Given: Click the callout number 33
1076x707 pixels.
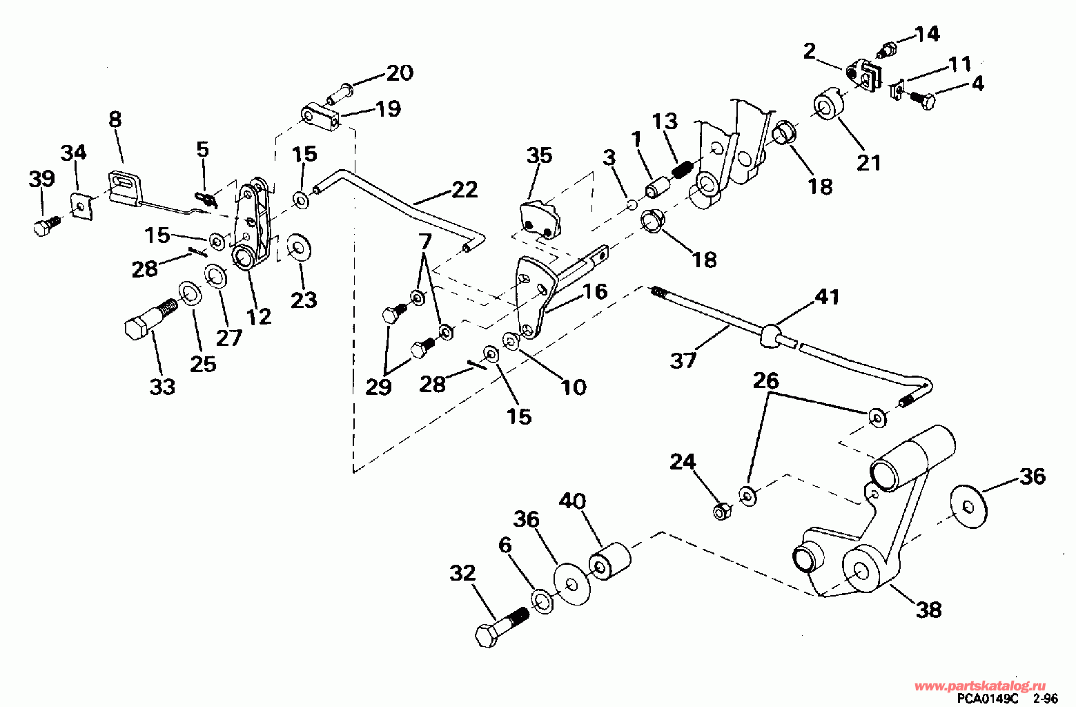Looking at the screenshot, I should pyautogui.click(x=162, y=387).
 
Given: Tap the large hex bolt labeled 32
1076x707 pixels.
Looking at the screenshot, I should pyautogui.click(x=501, y=624).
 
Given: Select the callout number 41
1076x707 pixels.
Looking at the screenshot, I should pyautogui.click(x=828, y=297).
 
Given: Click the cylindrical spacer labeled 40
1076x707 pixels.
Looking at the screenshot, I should pyautogui.click(x=610, y=561).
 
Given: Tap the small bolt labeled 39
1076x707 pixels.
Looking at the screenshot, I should pyautogui.click(x=46, y=225).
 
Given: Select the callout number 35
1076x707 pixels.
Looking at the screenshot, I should pyautogui.click(x=539, y=155).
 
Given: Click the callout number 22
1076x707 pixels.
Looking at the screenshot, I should pyautogui.click(x=464, y=189).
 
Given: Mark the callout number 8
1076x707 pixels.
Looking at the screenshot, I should pyautogui.click(x=115, y=119).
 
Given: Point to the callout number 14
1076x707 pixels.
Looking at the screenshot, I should pyautogui.click(x=927, y=34).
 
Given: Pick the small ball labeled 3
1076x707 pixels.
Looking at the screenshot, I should pyautogui.click(x=631, y=205).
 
